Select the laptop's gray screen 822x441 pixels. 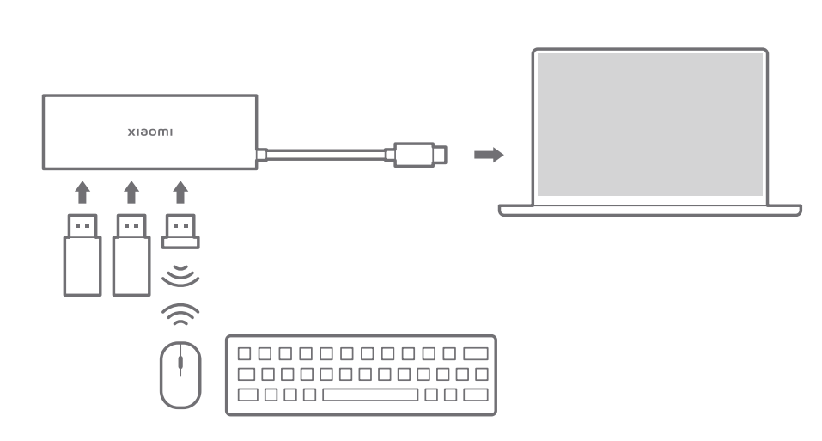click(x=650, y=124)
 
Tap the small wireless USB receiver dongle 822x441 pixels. click(x=180, y=229)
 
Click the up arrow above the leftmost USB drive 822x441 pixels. click(x=82, y=192)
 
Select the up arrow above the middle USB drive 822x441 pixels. click(x=131, y=192)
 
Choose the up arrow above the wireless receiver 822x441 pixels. click(x=180, y=192)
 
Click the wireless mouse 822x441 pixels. click(x=180, y=374)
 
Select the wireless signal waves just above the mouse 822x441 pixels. click(x=180, y=315)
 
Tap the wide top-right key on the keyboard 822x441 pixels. click(x=475, y=353)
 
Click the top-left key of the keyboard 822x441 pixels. click(x=245, y=353)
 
